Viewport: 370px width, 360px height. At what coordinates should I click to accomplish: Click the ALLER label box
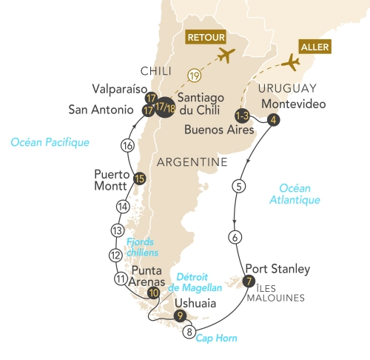(x=311, y=47)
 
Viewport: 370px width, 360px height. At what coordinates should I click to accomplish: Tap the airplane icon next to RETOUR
(x=226, y=56)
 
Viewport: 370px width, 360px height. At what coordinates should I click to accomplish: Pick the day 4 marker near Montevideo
(x=274, y=121)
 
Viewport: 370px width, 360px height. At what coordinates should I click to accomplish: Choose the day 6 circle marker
(x=235, y=238)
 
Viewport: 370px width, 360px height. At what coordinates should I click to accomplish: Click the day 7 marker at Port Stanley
(x=249, y=281)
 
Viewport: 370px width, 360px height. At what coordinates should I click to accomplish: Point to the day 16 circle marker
(x=128, y=145)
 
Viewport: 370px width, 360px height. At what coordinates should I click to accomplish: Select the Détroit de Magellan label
(x=175, y=282)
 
